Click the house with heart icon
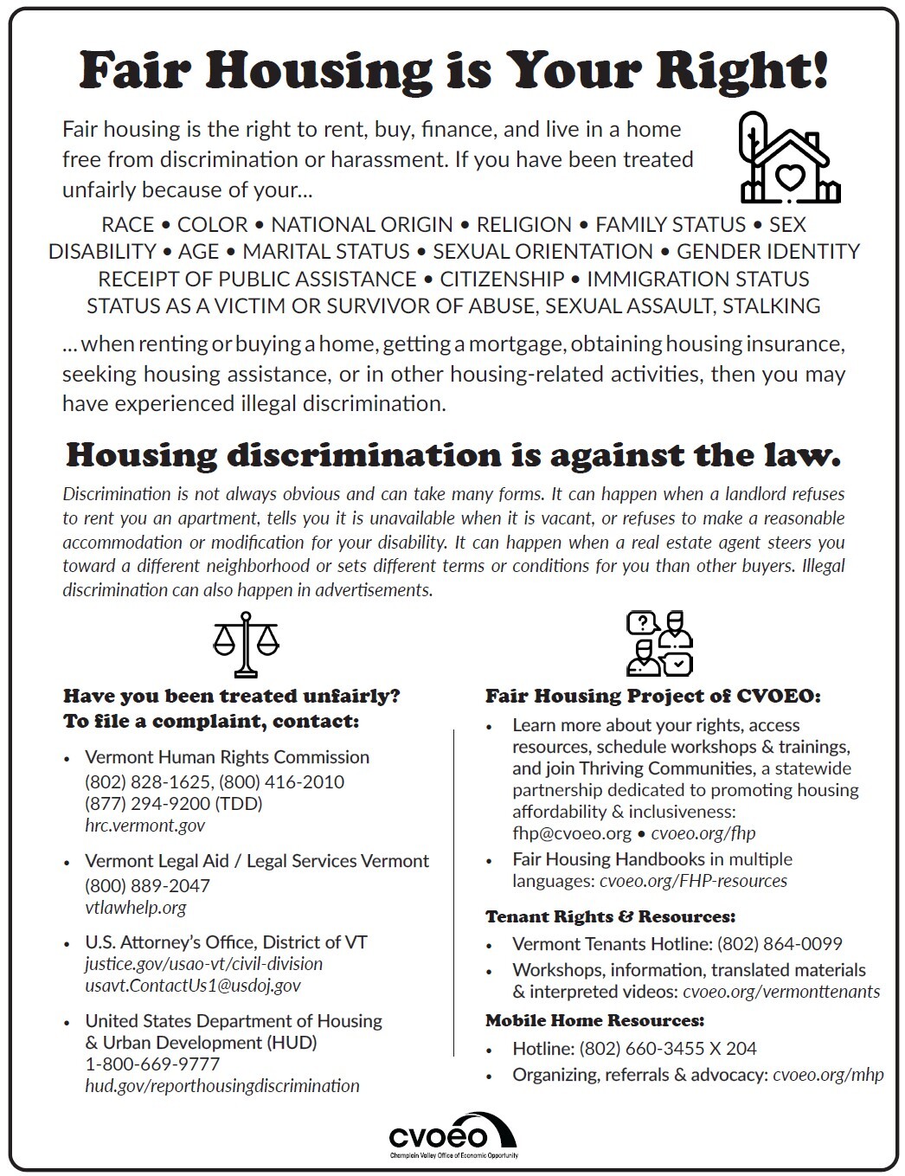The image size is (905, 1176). click(787, 157)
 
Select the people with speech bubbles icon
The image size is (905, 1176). click(660, 643)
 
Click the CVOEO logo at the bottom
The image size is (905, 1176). click(452, 1136)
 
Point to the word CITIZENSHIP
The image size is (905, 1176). click(502, 279)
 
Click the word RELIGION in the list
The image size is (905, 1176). click(524, 225)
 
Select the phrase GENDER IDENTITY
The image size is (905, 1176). click(767, 252)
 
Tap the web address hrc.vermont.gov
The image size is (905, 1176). click(144, 825)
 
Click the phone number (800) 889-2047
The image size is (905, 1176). click(147, 885)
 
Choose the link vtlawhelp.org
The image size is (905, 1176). click(135, 907)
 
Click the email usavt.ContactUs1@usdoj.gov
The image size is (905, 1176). click(192, 985)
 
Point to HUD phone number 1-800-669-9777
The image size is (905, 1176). click(152, 1064)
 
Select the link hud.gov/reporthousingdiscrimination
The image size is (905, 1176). click(221, 1085)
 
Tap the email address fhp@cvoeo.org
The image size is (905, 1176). click(572, 832)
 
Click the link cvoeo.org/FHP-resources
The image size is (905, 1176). click(693, 881)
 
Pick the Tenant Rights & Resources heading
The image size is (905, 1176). click(610, 916)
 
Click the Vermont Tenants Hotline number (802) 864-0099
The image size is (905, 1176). click(780, 943)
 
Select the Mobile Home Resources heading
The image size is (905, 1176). click(594, 1020)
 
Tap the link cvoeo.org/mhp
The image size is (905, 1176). click(828, 1075)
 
